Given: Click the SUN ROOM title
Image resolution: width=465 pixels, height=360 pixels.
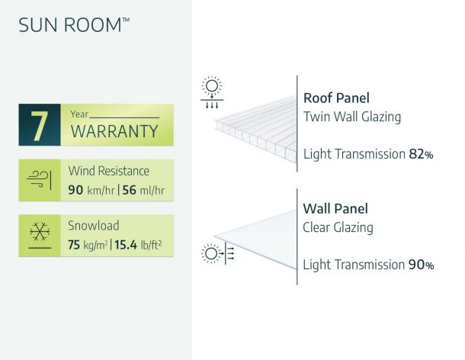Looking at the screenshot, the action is (74, 24).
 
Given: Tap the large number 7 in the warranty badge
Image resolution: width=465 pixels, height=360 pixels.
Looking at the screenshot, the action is (40, 126).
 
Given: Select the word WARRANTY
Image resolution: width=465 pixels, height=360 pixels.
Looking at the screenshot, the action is (114, 131).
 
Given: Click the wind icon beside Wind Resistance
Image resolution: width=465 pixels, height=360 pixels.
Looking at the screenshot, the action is (39, 179).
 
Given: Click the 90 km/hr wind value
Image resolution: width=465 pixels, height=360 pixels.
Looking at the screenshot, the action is (91, 190).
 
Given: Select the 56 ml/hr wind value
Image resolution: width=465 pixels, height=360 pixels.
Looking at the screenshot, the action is (143, 190).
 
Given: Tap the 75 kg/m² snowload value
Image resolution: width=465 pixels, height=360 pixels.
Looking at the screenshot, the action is (88, 245).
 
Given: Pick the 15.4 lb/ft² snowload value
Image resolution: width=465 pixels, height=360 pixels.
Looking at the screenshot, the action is (138, 245).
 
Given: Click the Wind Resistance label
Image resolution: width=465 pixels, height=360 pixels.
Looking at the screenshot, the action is (109, 171).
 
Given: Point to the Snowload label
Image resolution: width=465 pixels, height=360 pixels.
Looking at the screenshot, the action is (94, 226).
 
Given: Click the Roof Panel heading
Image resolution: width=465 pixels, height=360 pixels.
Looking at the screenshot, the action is (337, 98).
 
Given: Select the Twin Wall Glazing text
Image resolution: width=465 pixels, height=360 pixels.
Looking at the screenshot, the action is (352, 117).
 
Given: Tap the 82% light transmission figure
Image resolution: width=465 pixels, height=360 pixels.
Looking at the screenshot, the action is (421, 154).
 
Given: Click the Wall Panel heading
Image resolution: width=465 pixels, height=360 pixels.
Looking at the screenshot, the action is (335, 209).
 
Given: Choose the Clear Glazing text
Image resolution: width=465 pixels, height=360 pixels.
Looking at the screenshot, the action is (338, 227).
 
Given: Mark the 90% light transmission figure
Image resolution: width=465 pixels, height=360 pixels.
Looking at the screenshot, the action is (421, 265).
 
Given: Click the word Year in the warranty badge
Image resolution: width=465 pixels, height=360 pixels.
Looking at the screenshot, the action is (79, 114).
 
